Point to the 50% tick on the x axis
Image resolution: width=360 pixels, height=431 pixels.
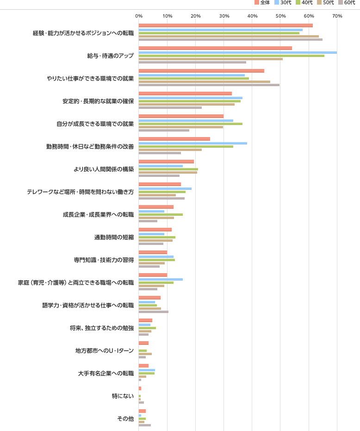pyautogui.click(x=280, y=16)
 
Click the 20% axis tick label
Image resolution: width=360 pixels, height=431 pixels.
pyautogui.click(x=195, y=16)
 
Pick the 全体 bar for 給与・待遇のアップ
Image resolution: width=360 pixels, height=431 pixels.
pyautogui.click(x=215, y=48)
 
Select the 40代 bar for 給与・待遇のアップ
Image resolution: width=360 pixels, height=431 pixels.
pyautogui.click(x=231, y=56)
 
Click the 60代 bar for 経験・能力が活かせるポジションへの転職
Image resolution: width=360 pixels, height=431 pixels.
pyautogui.click(x=230, y=39)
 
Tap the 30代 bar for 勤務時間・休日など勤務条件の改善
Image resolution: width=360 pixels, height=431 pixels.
pyautogui.click(x=193, y=143)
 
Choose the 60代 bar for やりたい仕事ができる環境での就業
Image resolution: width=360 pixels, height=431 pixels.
pyautogui.click(x=209, y=85)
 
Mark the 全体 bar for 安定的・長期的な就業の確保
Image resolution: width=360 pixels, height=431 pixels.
pyautogui.click(x=185, y=94)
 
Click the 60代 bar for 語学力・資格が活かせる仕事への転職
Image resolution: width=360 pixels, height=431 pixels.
pyautogui.click(x=154, y=312)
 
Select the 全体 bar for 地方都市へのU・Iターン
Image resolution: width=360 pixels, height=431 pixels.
pyautogui.click(x=143, y=343)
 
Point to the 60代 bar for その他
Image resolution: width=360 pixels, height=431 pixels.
pyautogui.click(x=145, y=425)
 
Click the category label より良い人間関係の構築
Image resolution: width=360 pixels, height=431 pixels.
pyautogui.click(x=110, y=169)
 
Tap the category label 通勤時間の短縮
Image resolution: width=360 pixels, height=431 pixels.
pyautogui.click(x=114, y=237)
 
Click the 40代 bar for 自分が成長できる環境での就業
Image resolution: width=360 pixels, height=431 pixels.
pyautogui.click(x=191, y=124)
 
